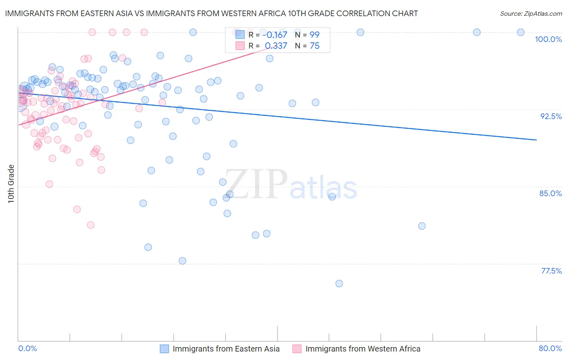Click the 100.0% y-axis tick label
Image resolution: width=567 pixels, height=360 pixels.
click(x=548, y=39)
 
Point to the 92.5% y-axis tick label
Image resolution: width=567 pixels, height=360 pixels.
click(x=551, y=116)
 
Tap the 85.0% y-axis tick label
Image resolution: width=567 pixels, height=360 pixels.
click(x=550, y=193)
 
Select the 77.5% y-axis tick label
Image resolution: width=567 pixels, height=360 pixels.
click(x=551, y=271)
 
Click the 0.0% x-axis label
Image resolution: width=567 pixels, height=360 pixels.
click(x=27, y=348)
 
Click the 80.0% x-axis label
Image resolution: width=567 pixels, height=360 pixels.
click(x=550, y=348)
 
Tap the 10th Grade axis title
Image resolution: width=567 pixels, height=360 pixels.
click(x=11, y=184)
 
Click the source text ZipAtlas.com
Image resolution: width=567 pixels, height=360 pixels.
click(x=531, y=14)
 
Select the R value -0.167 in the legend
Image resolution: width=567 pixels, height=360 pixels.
click(x=275, y=35)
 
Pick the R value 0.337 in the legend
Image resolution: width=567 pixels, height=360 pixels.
click(x=276, y=46)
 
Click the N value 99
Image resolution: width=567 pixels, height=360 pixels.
click(x=315, y=35)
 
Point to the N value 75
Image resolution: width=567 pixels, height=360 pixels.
click(x=315, y=46)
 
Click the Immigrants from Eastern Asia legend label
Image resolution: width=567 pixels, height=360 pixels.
click(x=226, y=349)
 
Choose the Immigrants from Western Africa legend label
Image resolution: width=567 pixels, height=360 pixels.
click(x=363, y=349)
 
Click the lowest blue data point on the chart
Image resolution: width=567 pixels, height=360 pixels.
click(x=339, y=284)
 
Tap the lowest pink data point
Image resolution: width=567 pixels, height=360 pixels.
click(x=91, y=225)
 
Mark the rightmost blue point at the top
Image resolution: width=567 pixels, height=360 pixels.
click(x=521, y=32)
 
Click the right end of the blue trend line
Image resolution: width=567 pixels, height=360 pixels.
click(x=536, y=140)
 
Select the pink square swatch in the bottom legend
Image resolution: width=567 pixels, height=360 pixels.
click(x=297, y=349)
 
